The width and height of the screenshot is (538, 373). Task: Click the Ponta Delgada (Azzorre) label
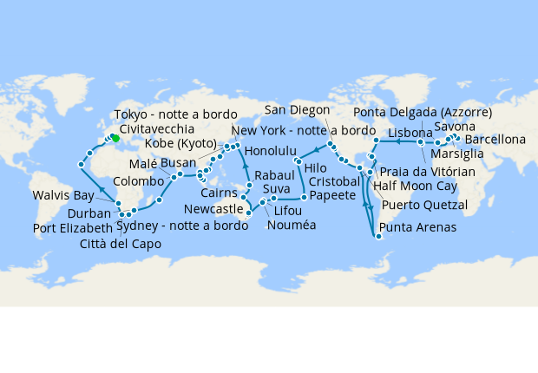point(423,113)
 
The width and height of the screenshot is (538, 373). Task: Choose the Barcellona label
point(495,139)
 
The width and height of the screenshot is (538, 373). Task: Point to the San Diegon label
point(298,109)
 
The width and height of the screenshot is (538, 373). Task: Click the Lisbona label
point(410,133)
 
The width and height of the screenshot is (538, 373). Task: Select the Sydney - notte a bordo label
point(174,226)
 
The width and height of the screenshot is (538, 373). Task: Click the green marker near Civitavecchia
point(115,138)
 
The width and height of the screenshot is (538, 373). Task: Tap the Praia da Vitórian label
point(427,172)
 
